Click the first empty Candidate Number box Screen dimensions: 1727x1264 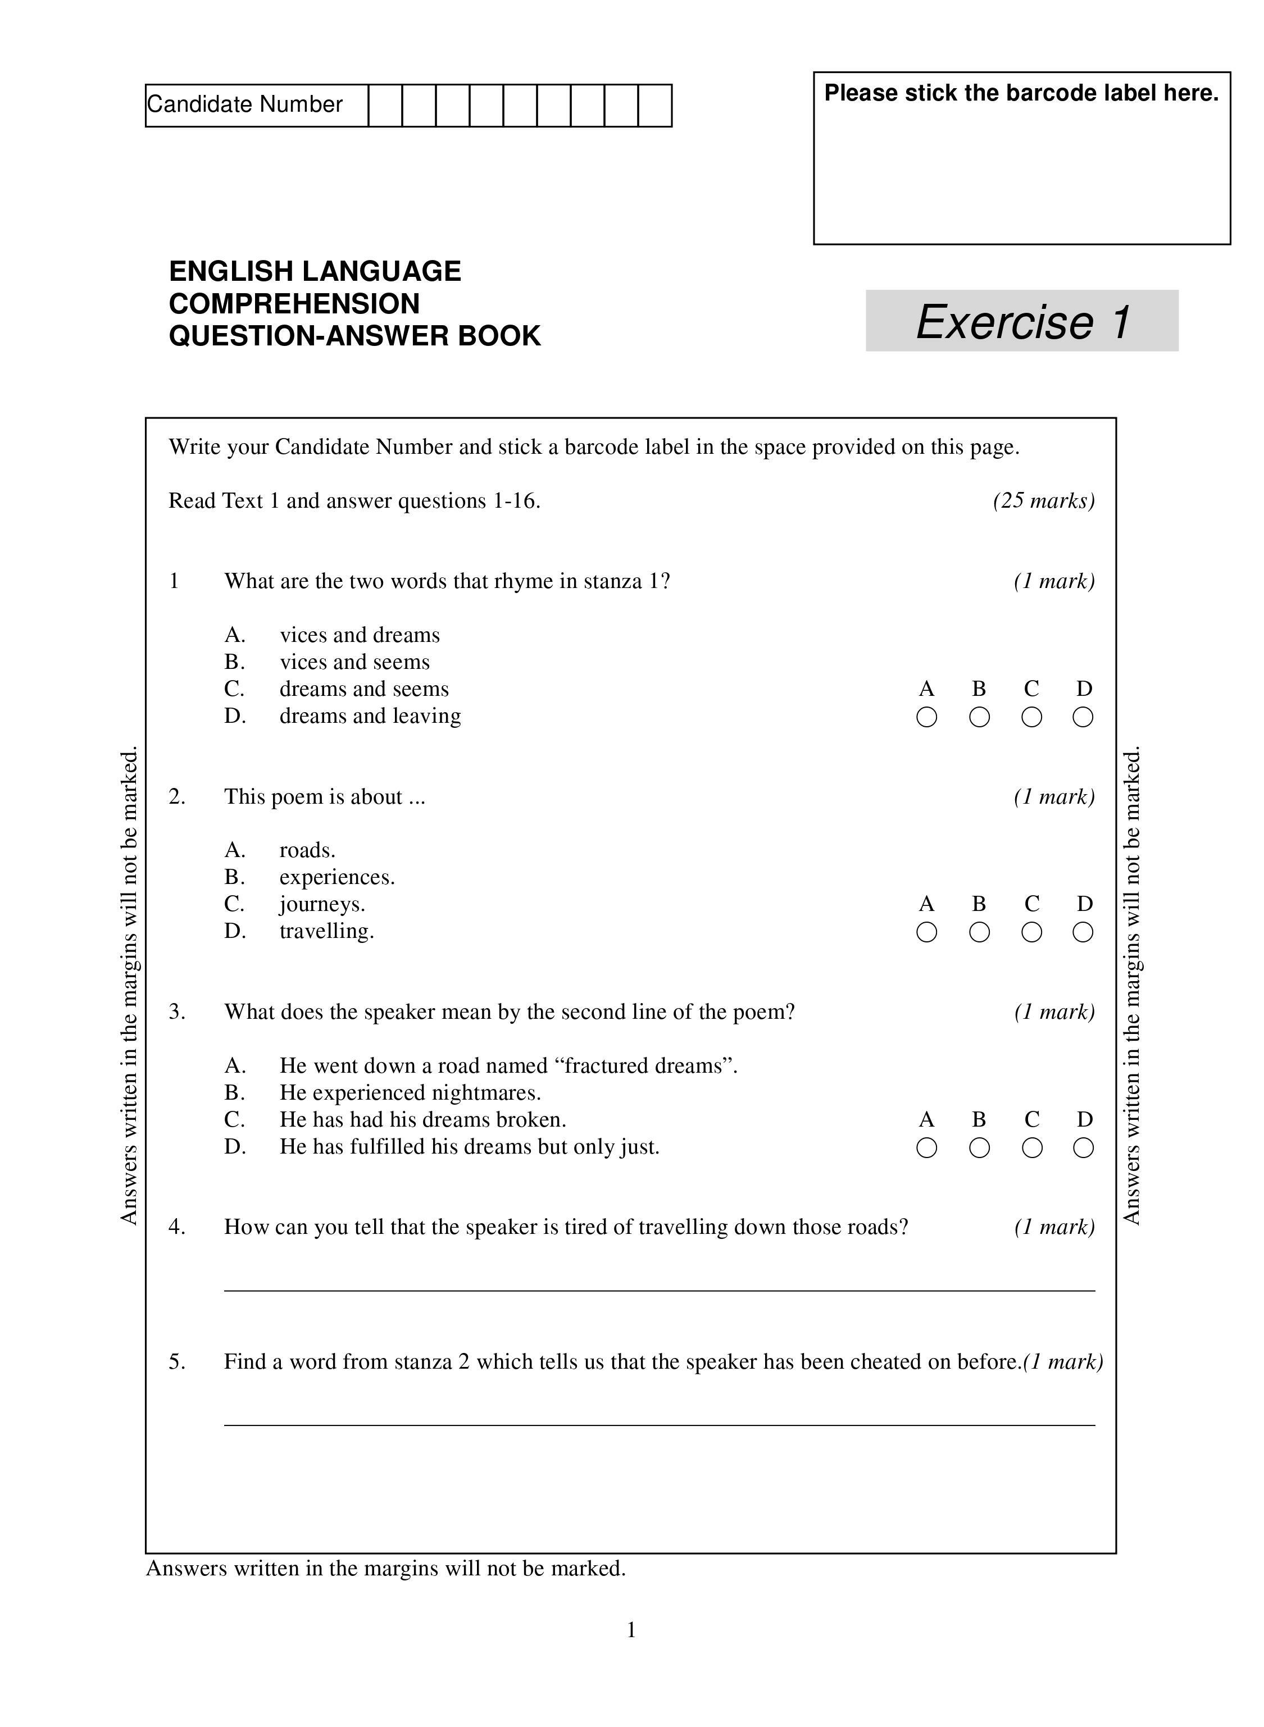385,106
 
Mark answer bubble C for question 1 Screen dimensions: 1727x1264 1031,717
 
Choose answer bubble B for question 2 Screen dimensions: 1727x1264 979,932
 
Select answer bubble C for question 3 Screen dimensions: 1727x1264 1032,1148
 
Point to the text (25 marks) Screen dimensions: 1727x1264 1044,501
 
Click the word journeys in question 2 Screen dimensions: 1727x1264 321,905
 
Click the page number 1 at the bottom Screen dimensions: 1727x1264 631,1630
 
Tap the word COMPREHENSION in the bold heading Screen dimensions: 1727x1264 294,304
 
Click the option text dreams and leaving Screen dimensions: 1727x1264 370,716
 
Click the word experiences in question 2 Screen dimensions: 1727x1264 336,877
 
